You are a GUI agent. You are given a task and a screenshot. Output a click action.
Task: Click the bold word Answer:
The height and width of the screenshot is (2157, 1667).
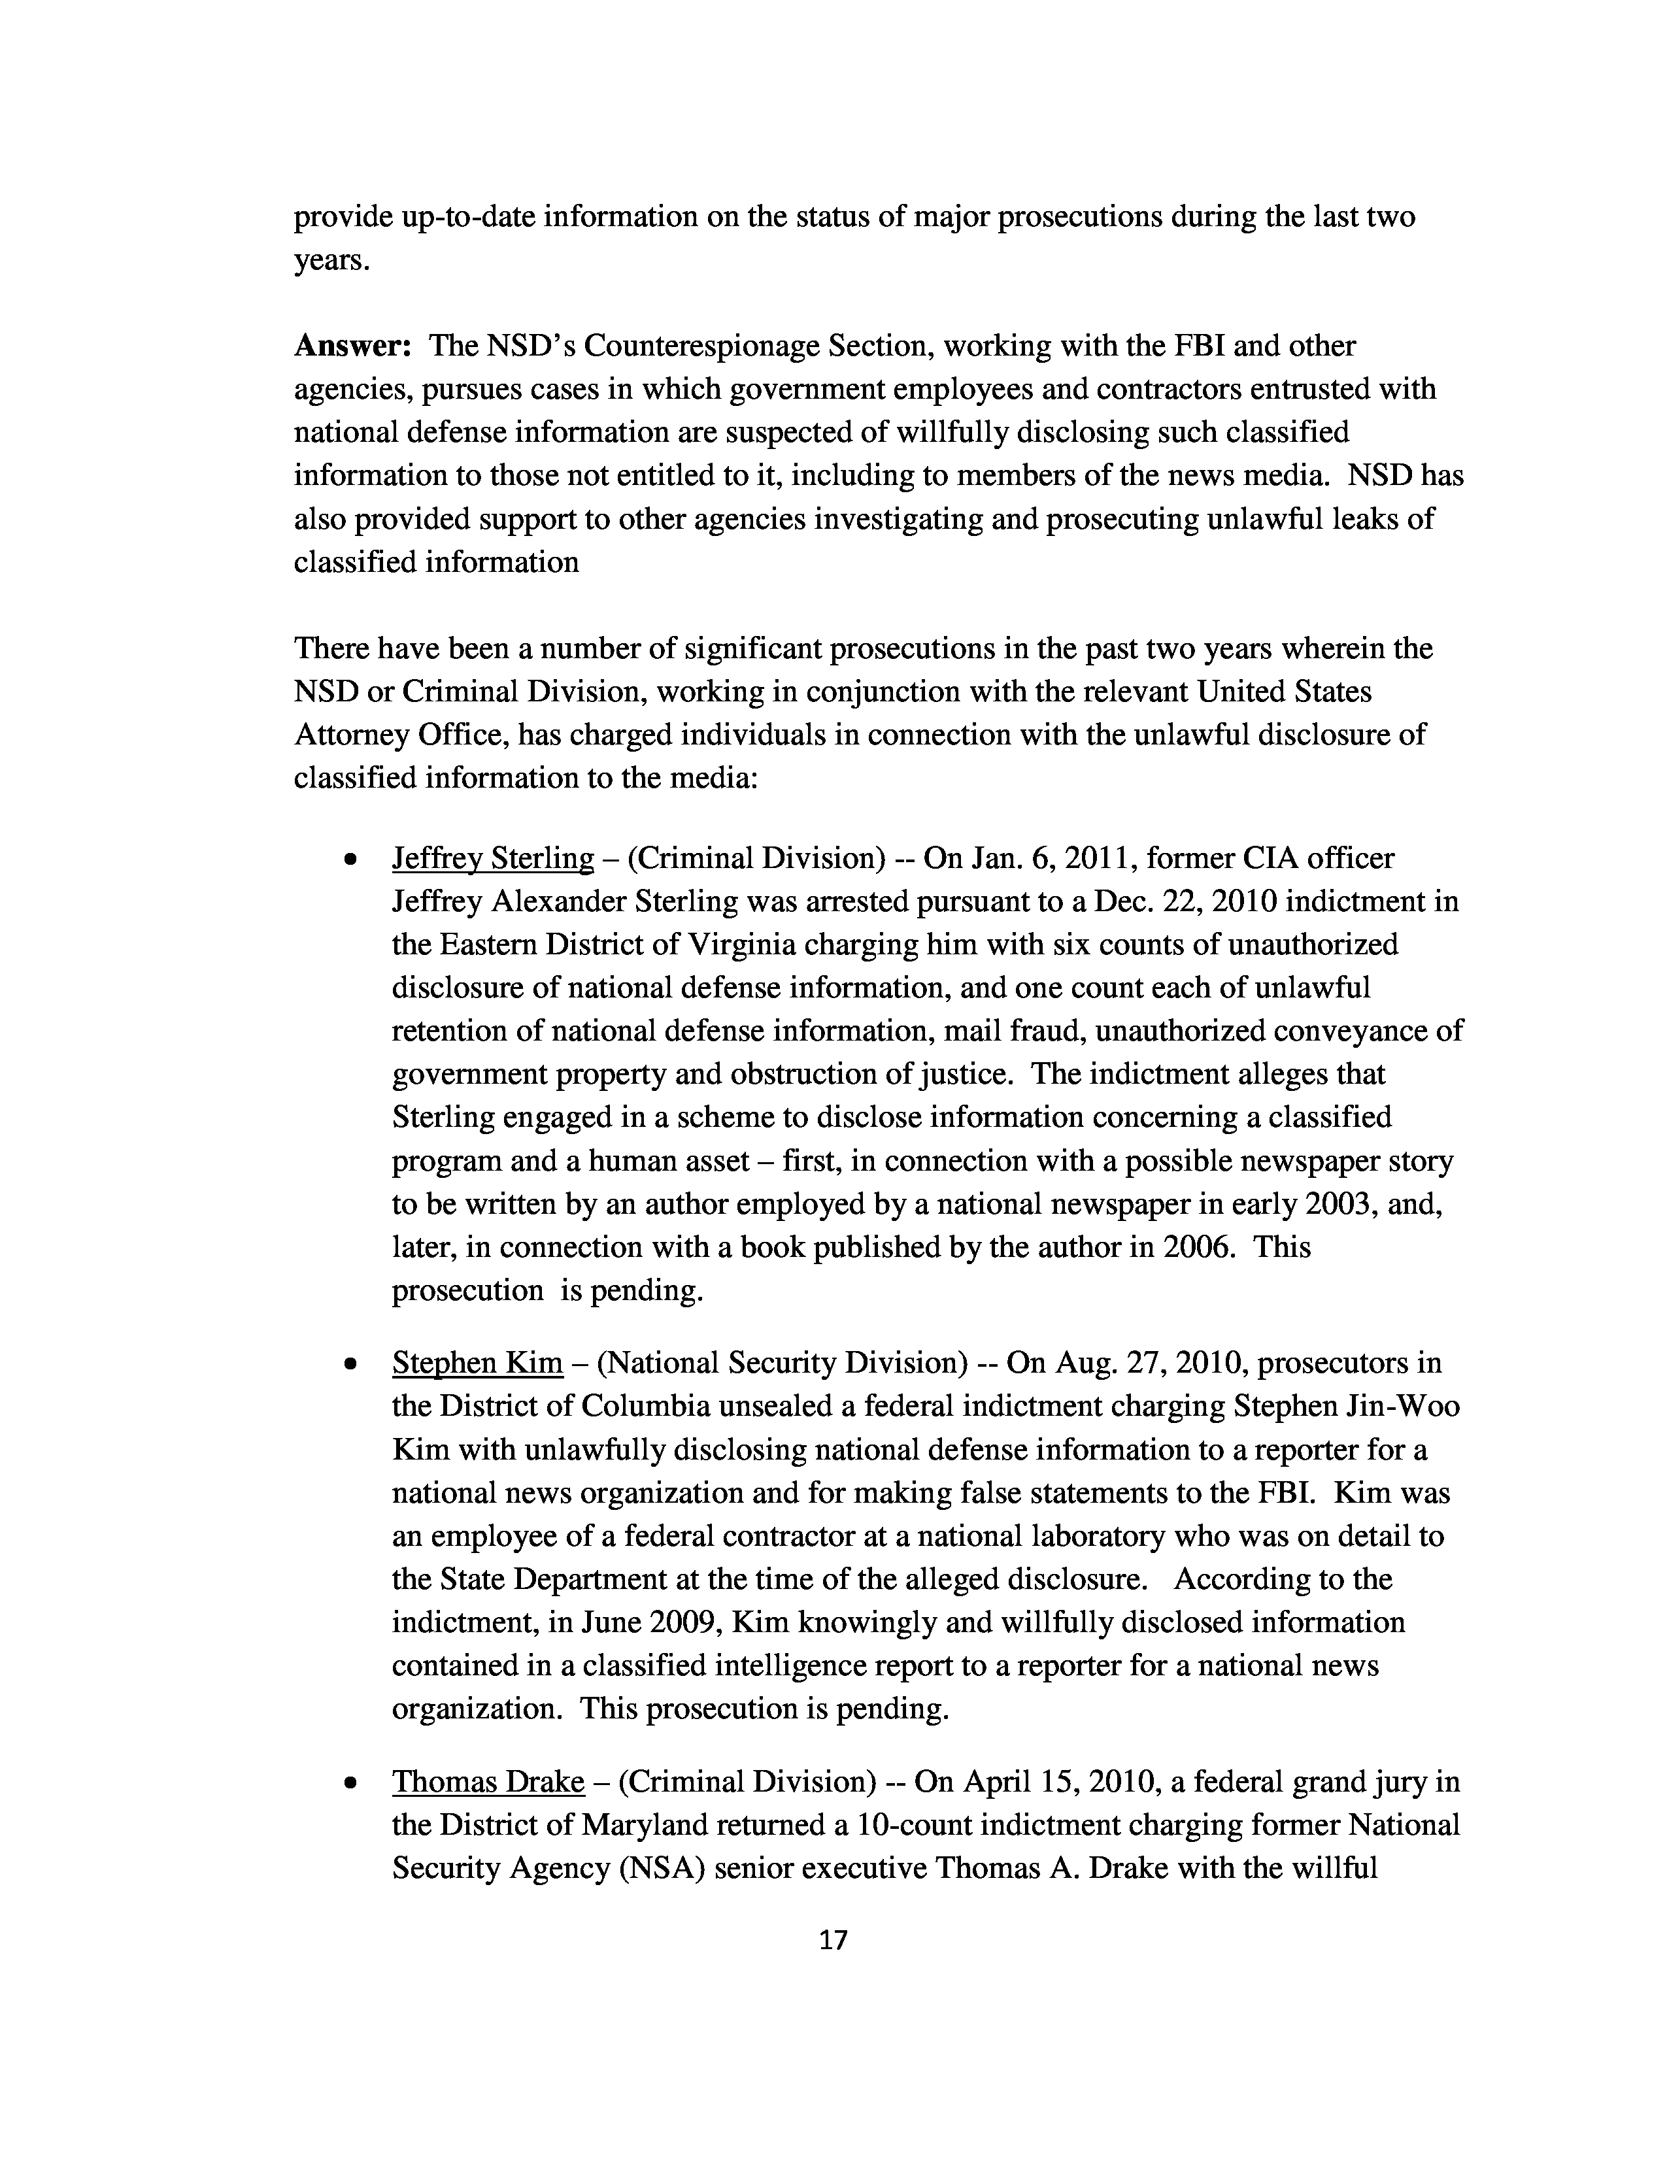pyautogui.click(x=352, y=346)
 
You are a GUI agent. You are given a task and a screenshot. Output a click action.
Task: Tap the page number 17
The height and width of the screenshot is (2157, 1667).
pyautogui.click(x=833, y=1940)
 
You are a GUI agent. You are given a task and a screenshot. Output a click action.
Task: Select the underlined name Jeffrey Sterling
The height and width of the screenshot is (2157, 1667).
pyautogui.click(x=493, y=858)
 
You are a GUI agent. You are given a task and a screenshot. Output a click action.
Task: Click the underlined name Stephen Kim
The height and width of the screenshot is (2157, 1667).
pyautogui.click(x=477, y=1363)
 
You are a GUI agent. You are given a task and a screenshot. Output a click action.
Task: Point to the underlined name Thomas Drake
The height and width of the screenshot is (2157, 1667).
pyautogui.click(x=488, y=1782)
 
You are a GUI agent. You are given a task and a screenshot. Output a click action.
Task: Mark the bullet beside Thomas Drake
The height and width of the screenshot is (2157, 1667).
pyautogui.click(x=350, y=1784)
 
